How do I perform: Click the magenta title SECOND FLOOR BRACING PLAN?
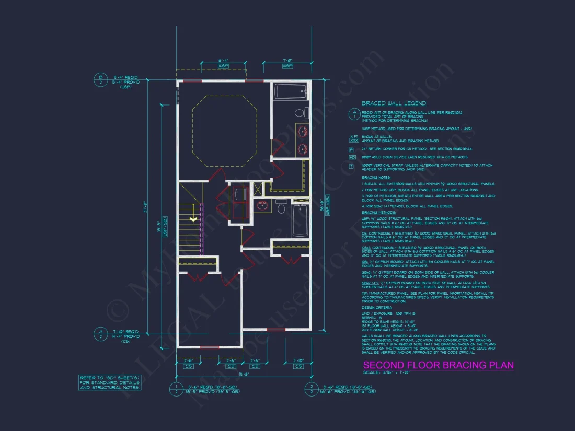point(438,365)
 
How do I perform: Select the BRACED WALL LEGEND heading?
point(394,103)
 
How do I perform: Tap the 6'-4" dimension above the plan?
point(223,61)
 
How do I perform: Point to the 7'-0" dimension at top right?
point(287,61)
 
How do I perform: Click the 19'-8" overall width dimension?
point(244,374)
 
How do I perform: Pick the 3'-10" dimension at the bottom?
point(298,360)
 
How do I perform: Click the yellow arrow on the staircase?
point(193,220)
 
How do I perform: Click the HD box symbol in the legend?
point(352,157)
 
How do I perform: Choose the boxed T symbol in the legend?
point(352,166)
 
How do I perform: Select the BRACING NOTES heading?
point(376,178)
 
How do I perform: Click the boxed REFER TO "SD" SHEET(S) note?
point(109,382)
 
